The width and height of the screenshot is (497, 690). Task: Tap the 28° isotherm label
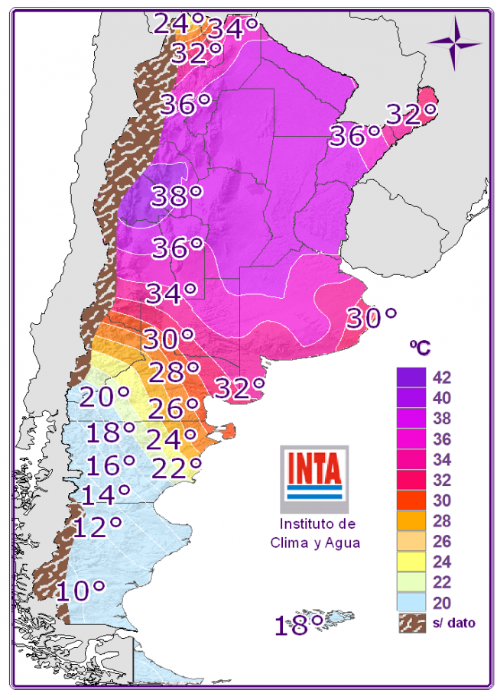click(x=174, y=374)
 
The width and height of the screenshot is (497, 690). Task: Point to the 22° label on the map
click(x=177, y=466)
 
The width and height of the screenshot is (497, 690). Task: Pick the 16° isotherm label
click(x=110, y=465)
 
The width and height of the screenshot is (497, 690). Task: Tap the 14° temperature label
click(x=105, y=495)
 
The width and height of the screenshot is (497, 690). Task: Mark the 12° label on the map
click(x=97, y=527)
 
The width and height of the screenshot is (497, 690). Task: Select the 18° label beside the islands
click(x=299, y=627)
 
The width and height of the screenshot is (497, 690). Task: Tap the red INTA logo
click(x=313, y=469)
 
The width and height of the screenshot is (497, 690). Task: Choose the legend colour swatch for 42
click(x=411, y=377)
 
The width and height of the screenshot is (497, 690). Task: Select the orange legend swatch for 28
click(x=411, y=521)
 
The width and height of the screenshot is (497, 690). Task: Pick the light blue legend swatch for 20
click(x=411, y=603)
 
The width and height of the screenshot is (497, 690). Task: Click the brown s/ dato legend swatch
click(x=411, y=623)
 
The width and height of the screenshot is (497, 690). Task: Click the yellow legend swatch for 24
click(x=411, y=562)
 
